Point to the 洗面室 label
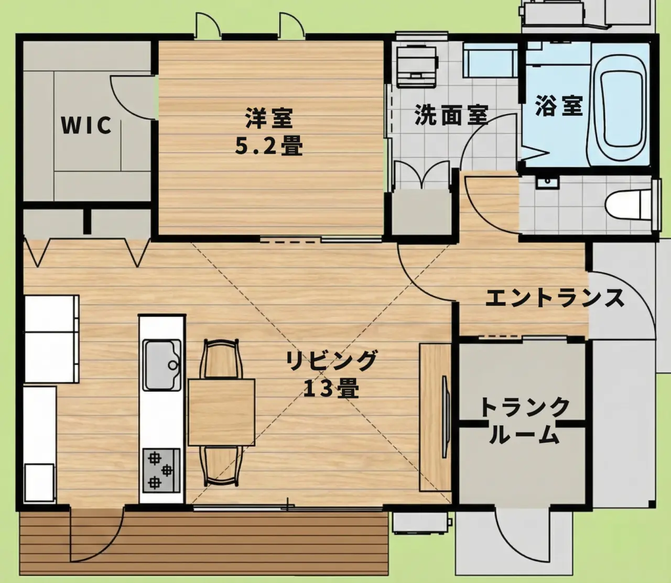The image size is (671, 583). pyautogui.click(x=451, y=115)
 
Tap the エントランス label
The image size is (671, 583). pyautogui.click(x=555, y=298)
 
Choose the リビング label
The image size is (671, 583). pyautogui.click(x=331, y=361)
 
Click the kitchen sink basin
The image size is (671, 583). pyautogui.click(x=162, y=365)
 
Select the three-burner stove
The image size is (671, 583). pyautogui.click(x=161, y=470)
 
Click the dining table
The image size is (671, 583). pyautogui.click(x=222, y=412)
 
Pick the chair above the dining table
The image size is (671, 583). pyautogui.click(x=221, y=359)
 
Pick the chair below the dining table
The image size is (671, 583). pyautogui.click(x=221, y=466)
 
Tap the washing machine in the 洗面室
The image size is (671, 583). pyautogui.click(x=417, y=67)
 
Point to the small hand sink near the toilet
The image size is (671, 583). pyautogui.click(x=547, y=182)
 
